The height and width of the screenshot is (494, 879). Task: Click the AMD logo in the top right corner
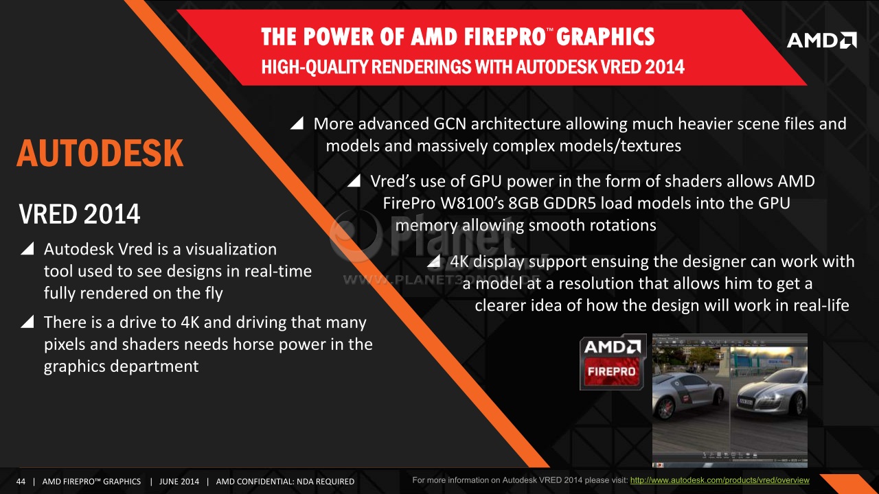(x=822, y=40)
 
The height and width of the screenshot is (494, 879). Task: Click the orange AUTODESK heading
(x=100, y=153)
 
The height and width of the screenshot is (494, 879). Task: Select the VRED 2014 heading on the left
(x=80, y=214)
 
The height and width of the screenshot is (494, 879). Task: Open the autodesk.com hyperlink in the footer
(x=720, y=480)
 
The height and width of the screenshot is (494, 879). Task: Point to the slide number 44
(x=21, y=482)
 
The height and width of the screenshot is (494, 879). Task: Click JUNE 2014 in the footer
(x=179, y=482)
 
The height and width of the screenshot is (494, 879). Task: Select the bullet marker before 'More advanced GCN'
(x=297, y=123)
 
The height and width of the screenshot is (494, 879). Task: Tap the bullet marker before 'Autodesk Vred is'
(x=27, y=248)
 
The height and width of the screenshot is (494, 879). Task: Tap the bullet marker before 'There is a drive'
(x=27, y=322)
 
